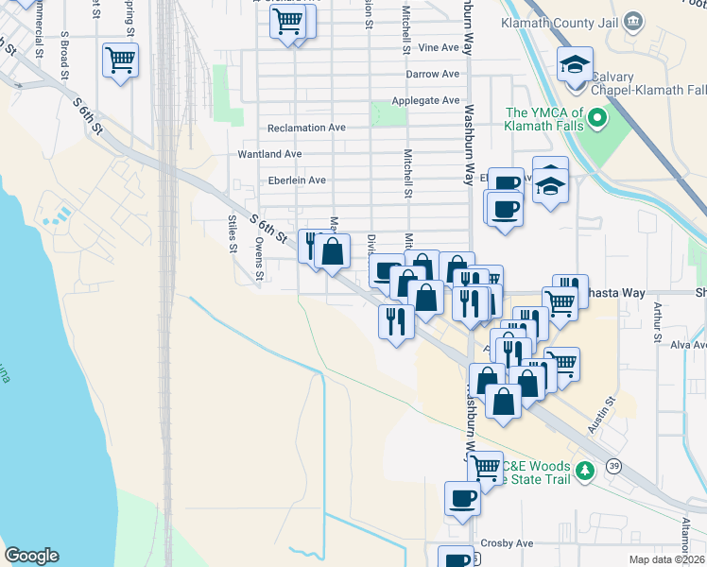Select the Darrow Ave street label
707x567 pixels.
click(x=431, y=73)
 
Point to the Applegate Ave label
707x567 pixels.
click(x=425, y=100)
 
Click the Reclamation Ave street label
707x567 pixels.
click(x=307, y=128)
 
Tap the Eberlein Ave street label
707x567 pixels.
click(x=296, y=180)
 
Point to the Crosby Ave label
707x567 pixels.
click(x=508, y=543)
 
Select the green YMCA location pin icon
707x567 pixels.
click(x=596, y=118)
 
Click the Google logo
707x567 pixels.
click(x=31, y=556)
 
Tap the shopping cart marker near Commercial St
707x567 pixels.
click(x=120, y=60)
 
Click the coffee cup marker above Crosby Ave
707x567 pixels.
click(x=463, y=497)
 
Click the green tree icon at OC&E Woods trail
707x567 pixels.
click(x=586, y=470)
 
